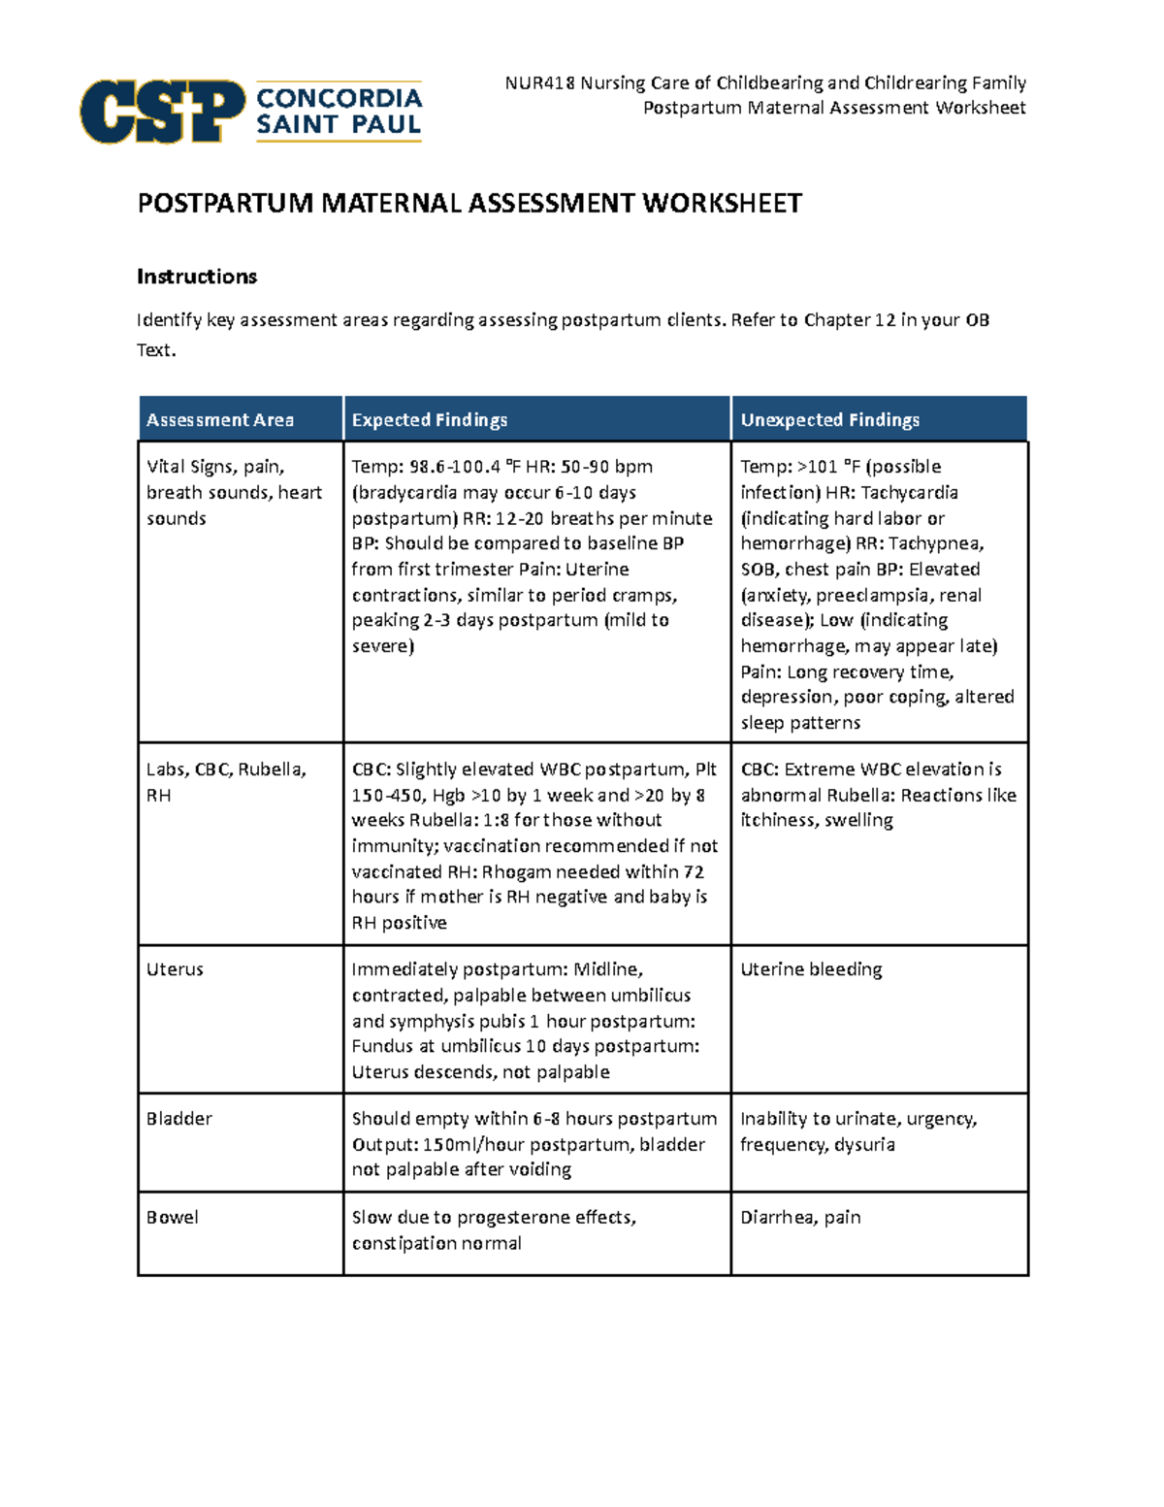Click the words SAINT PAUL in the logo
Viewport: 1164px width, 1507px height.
[339, 124]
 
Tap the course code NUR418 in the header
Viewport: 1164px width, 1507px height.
[539, 83]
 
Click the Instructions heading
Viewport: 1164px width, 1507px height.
[197, 277]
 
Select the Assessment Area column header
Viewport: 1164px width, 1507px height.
[220, 420]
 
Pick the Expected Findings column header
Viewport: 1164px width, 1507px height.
[429, 420]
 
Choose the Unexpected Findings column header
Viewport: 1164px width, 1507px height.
[830, 420]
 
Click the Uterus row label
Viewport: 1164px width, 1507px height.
[175, 969]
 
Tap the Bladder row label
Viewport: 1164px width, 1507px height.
[179, 1119]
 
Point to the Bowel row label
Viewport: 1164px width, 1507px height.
[173, 1218]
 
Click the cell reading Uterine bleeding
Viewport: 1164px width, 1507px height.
[811, 969]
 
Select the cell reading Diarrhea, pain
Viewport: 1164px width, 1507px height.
[800, 1218]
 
